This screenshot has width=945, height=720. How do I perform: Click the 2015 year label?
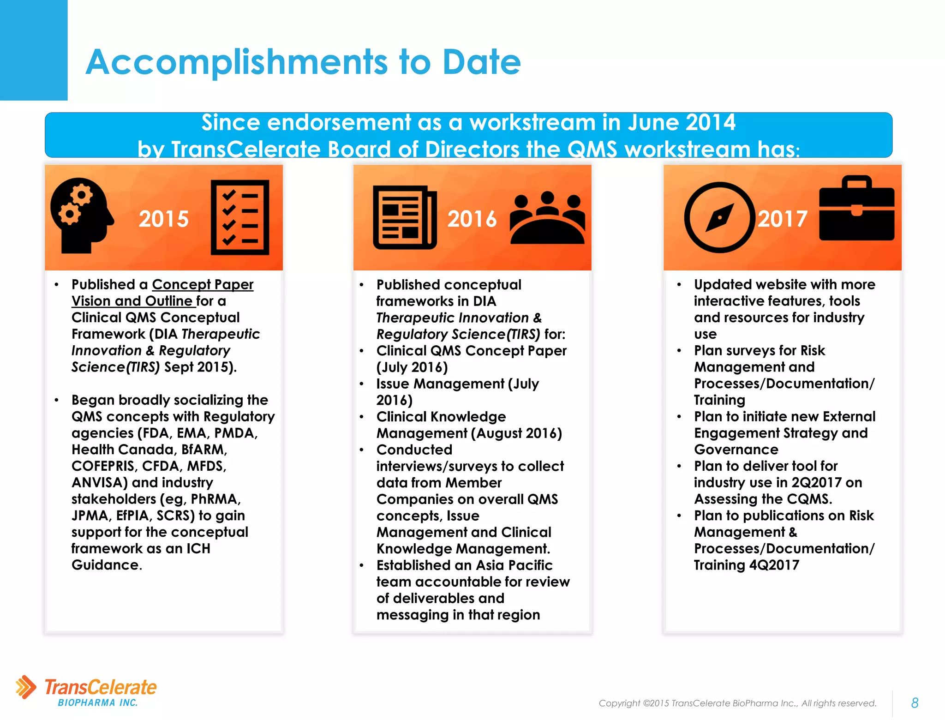[x=163, y=218]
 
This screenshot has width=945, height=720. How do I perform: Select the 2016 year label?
[x=472, y=218]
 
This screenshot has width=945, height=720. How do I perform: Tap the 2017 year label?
[x=782, y=218]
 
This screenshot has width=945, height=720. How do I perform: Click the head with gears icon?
[x=81, y=215]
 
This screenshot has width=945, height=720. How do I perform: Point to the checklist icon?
[x=239, y=217]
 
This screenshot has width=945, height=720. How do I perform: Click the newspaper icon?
[x=405, y=217]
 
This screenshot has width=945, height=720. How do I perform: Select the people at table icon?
[x=547, y=218]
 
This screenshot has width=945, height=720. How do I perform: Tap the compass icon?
[x=719, y=217]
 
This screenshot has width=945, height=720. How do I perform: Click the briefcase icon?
[x=856, y=209]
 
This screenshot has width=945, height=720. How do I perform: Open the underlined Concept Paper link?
[x=203, y=284]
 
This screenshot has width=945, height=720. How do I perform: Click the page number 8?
[x=915, y=702]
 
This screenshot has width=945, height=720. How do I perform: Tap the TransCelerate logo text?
[x=100, y=687]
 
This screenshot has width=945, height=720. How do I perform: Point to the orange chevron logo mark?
[x=26, y=687]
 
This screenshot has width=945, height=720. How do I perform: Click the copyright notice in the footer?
[x=737, y=703]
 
